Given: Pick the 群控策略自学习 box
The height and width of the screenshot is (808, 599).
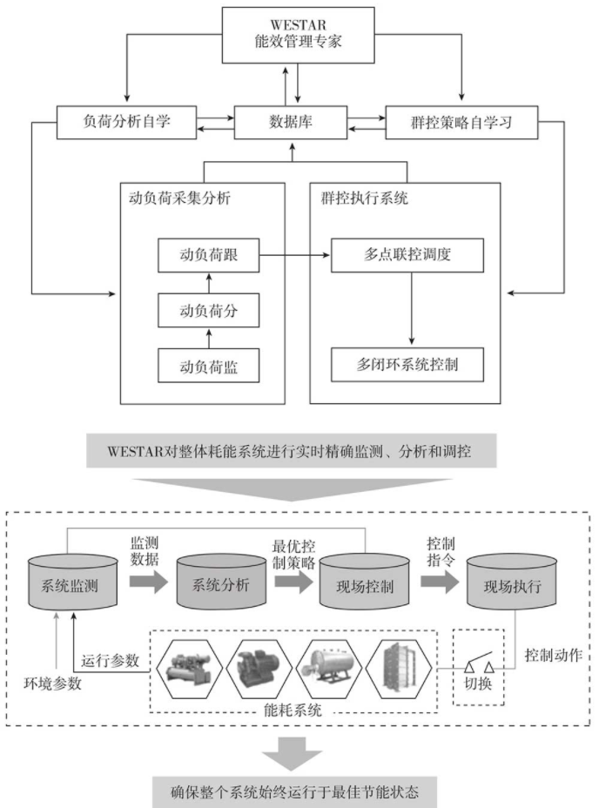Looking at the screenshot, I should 461,124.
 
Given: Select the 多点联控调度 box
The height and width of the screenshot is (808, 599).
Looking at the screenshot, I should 411,256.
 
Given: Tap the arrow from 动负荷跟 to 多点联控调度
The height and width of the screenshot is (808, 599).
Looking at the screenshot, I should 296,256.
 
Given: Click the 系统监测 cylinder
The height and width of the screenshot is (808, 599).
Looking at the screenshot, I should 72,584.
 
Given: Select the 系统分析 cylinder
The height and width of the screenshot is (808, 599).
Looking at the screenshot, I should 219,584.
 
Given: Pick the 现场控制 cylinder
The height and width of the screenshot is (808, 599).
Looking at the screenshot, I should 363,584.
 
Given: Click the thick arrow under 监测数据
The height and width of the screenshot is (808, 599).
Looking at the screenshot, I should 145,585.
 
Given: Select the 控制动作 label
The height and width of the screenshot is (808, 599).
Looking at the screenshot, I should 554,652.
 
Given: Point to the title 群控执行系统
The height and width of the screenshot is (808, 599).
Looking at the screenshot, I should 360,198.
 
